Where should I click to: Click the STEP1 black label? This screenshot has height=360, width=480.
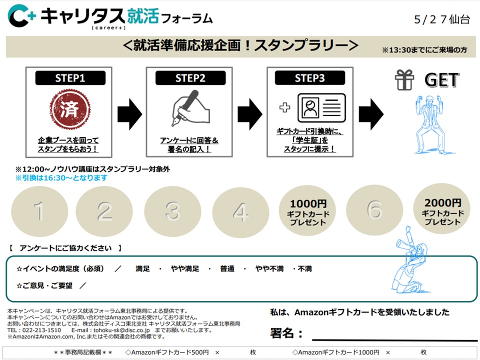[x=70, y=78]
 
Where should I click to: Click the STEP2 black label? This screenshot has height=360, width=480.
[x=190, y=78]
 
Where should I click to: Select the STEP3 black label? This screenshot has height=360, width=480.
[x=310, y=78]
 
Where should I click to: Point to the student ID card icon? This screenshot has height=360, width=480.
[x=321, y=107]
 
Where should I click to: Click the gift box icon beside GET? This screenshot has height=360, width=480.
[x=404, y=80]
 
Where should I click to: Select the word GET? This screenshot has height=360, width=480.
[x=441, y=80]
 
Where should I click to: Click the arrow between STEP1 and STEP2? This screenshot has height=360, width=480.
[x=128, y=112]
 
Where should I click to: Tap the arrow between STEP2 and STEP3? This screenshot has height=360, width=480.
[x=249, y=112]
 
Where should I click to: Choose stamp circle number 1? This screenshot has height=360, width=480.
[x=39, y=212]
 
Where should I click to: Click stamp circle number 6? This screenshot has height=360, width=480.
[x=374, y=211]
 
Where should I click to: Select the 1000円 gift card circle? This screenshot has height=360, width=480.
[x=308, y=212]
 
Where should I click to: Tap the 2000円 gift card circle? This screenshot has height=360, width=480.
[x=442, y=211]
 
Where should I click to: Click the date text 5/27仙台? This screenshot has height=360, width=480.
[x=441, y=19]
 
